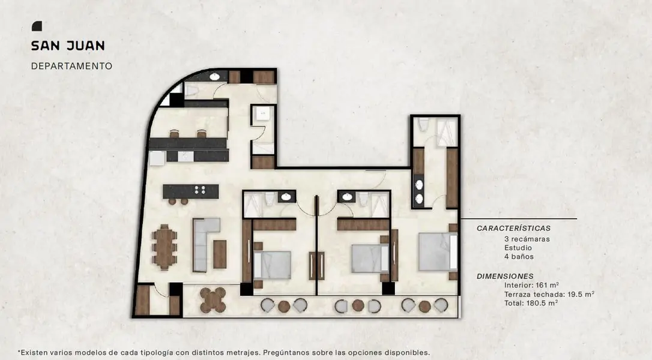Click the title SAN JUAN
point(68,46)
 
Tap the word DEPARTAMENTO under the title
point(71,65)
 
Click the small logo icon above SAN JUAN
point(37,26)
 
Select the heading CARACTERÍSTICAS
point(513,228)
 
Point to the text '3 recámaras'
point(527,239)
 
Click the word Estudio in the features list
point(518,248)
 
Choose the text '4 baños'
point(519,256)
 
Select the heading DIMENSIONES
point(505,276)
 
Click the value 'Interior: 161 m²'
point(531,285)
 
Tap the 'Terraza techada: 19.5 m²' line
point(549,295)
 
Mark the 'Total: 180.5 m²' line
point(531,303)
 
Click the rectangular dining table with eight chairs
point(165,247)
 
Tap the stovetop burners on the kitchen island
point(200,190)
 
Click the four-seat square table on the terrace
point(213,300)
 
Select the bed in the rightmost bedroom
point(438,252)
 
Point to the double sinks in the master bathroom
point(419,191)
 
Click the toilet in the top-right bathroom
point(423,124)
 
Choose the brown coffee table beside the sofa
point(220,254)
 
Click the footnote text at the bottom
point(224,353)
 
